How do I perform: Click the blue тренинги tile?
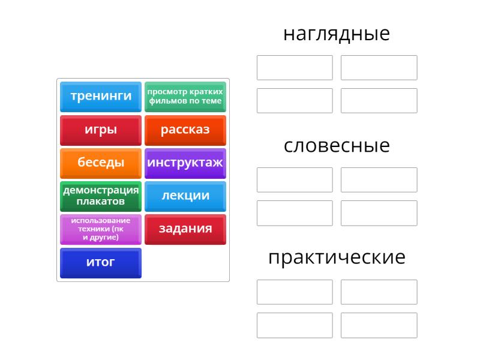click(x=101, y=97)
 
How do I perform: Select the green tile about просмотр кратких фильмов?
click(x=185, y=97)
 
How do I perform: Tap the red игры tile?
click(x=101, y=130)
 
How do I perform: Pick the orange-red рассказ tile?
click(x=185, y=130)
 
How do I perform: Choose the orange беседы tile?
click(x=101, y=163)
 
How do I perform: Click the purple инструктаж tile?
click(x=185, y=163)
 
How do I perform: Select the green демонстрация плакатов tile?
click(x=101, y=197)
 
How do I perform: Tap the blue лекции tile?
click(x=185, y=197)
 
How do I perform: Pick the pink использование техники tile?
click(x=101, y=230)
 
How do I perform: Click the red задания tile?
click(x=185, y=230)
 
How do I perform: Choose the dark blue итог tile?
click(x=101, y=263)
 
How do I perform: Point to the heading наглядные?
click(x=337, y=34)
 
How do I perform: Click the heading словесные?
click(x=337, y=146)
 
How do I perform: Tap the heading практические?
click(x=337, y=258)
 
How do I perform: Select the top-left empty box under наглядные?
click(x=295, y=68)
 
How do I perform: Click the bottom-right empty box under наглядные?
click(x=379, y=101)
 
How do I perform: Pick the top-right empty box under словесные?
click(x=379, y=180)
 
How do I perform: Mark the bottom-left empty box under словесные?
click(x=295, y=213)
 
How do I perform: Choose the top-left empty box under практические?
click(x=295, y=292)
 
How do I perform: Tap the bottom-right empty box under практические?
click(x=379, y=325)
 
